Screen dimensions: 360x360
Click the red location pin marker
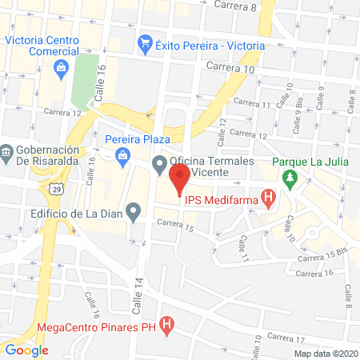(179, 174)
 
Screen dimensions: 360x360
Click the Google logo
(26, 349)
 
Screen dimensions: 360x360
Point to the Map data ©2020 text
(326, 353)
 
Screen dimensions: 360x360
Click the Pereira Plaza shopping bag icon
(122, 156)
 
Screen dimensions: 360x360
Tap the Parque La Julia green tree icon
(292, 176)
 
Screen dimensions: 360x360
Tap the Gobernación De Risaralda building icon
(6, 151)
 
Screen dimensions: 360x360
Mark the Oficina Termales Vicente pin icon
(159, 166)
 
